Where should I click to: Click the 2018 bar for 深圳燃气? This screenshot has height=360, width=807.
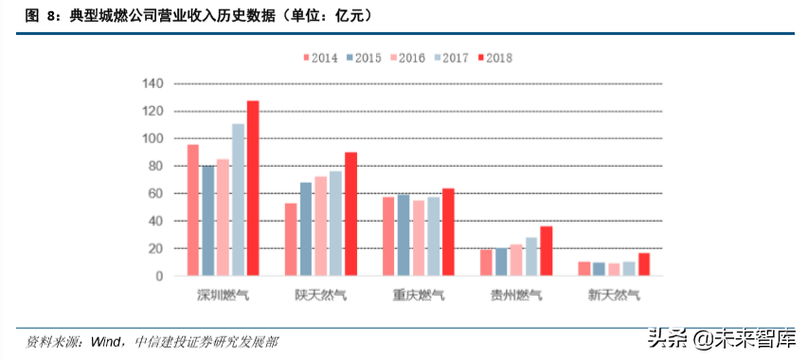[x=253, y=189]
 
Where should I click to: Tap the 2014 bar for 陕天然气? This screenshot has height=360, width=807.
[x=291, y=240]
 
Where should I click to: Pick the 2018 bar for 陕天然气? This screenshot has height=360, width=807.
[x=350, y=214]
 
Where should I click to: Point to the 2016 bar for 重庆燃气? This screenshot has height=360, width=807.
[x=419, y=238]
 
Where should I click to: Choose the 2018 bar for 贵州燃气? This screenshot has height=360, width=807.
[x=546, y=251]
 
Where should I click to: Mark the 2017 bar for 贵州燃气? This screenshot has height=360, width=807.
[x=531, y=257]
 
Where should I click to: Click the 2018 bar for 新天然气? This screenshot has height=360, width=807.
[x=644, y=264]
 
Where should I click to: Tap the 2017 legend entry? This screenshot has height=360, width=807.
[x=449, y=58]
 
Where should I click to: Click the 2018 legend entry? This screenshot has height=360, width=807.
[x=493, y=58]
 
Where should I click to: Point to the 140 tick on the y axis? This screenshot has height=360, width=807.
[x=154, y=84]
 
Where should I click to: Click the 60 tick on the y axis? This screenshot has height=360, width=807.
[x=157, y=194]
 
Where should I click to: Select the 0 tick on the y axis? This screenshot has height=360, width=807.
[x=161, y=277]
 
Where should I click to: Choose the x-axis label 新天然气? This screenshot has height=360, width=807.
[x=614, y=295]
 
